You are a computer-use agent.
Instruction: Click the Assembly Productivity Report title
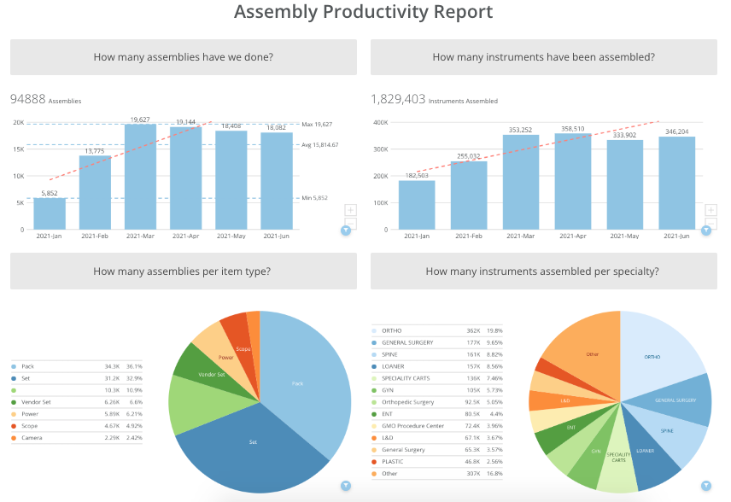point(363,12)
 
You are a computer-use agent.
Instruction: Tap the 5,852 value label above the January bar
point(49,193)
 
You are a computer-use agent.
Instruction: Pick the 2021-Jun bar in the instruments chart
point(676,183)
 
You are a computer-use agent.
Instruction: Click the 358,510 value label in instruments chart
point(572,129)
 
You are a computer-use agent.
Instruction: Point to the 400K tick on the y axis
point(380,123)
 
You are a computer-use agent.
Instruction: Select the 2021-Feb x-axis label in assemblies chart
point(95,236)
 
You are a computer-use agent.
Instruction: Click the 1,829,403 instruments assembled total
point(398,99)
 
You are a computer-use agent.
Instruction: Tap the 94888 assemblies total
point(28,99)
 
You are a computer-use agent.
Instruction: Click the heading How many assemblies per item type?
point(183,271)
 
